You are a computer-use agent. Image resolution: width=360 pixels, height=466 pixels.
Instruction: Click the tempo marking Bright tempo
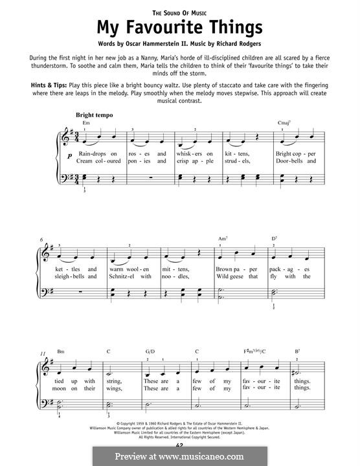(x=94, y=115)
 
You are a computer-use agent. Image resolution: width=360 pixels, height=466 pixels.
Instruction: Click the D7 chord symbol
(x=275, y=238)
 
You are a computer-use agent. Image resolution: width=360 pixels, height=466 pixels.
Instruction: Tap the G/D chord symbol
(x=150, y=351)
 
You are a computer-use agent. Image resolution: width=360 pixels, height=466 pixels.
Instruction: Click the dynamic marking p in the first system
(x=69, y=156)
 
